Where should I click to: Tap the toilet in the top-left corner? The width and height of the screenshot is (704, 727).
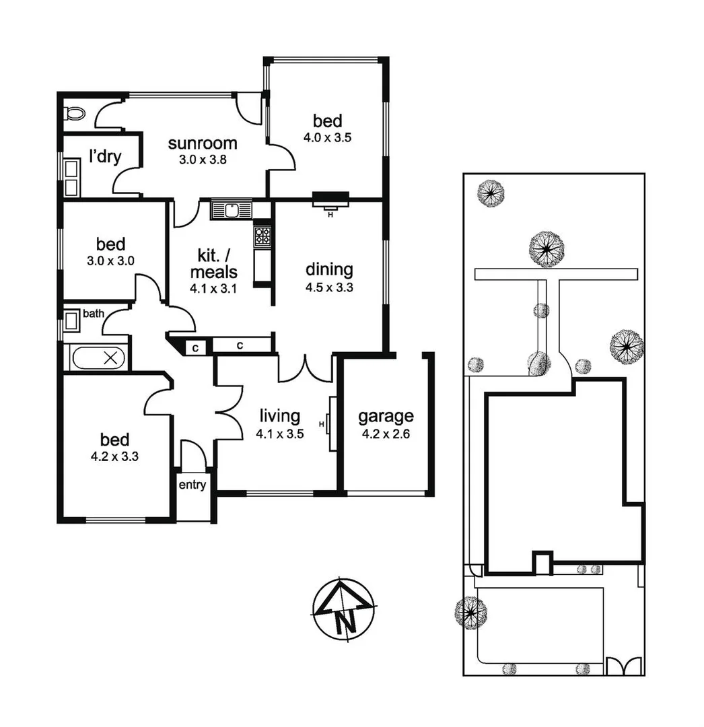(x=73, y=112)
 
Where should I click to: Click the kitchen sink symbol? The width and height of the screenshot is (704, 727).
(x=231, y=210)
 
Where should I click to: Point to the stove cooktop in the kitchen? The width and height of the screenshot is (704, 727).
(x=262, y=236)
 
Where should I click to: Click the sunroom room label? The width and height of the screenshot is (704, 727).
(x=203, y=143)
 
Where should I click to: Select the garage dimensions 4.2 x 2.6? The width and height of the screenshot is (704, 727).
(x=386, y=434)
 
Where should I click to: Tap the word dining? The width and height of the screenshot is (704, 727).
(x=329, y=270)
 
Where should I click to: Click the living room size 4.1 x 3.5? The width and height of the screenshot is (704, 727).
(x=279, y=434)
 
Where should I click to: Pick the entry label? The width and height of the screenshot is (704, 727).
(x=192, y=485)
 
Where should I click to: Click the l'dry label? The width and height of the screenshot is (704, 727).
(x=105, y=157)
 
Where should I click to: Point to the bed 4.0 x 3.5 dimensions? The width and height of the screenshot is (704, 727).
(x=328, y=138)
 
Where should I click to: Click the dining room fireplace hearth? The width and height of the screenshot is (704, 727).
(x=330, y=198)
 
